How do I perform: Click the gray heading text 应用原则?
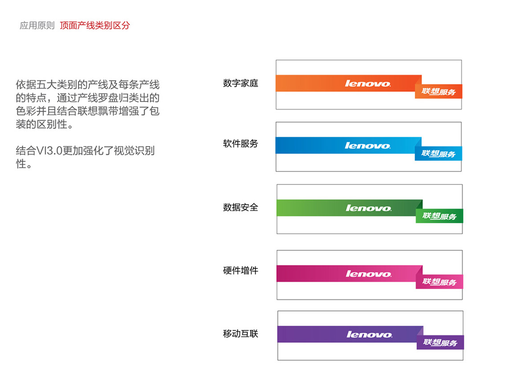click(x=37, y=25)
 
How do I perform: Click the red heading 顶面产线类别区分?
click(x=95, y=25)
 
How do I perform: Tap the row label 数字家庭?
click(x=240, y=83)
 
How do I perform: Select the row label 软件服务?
click(x=240, y=143)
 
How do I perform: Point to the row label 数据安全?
click(x=240, y=207)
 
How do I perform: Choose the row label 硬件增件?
click(x=240, y=270)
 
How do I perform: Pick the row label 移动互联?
click(x=240, y=334)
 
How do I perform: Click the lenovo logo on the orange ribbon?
click(x=367, y=83)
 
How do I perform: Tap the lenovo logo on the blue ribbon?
click(x=367, y=146)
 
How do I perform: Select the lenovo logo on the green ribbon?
click(x=369, y=208)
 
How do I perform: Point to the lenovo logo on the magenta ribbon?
click(x=369, y=274)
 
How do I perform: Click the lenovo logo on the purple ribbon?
click(x=370, y=334)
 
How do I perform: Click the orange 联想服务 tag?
click(x=439, y=91)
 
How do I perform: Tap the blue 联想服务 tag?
click(x=439, y=154)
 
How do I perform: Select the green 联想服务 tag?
click(x=440, y=216)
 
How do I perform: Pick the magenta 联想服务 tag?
click(x=440, y=282)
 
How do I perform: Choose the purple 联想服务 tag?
click(x=440, y=342)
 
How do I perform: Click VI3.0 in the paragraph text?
click(x=49, y=151)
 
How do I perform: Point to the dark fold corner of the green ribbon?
click(x=419, y=204)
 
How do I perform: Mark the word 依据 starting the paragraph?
click(x=26, y=85)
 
